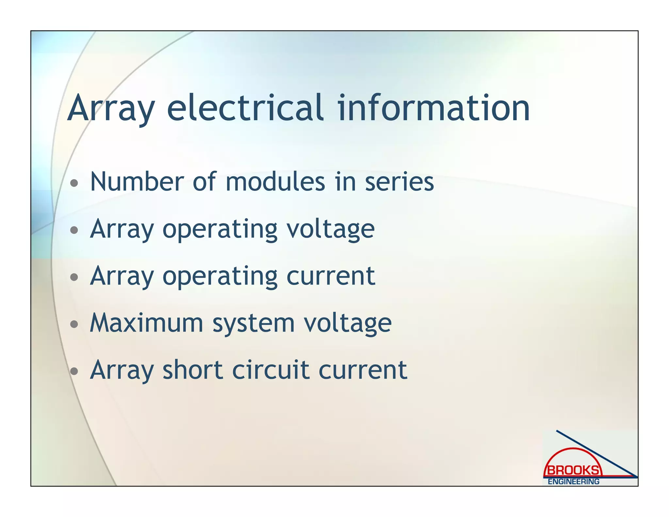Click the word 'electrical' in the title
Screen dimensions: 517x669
(246, 108)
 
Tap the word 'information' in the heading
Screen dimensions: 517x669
(433, 108)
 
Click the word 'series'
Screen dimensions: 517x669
(399, 182)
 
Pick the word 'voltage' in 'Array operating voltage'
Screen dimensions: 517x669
(330, 230)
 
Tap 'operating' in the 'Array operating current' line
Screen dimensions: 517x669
(220, 277)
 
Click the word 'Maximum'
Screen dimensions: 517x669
(146, 323)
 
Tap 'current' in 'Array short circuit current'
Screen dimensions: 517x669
(363, 371)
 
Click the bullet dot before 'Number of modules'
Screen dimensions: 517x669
(74, 183)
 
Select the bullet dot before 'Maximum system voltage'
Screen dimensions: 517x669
(74, 324)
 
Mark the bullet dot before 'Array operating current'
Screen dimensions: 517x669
(74, 277)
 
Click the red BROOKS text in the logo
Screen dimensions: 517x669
(573, 470)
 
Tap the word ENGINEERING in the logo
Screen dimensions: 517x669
(573, 481)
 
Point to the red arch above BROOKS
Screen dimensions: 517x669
(573, 450)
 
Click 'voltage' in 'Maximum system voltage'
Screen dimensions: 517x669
(347, 324)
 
